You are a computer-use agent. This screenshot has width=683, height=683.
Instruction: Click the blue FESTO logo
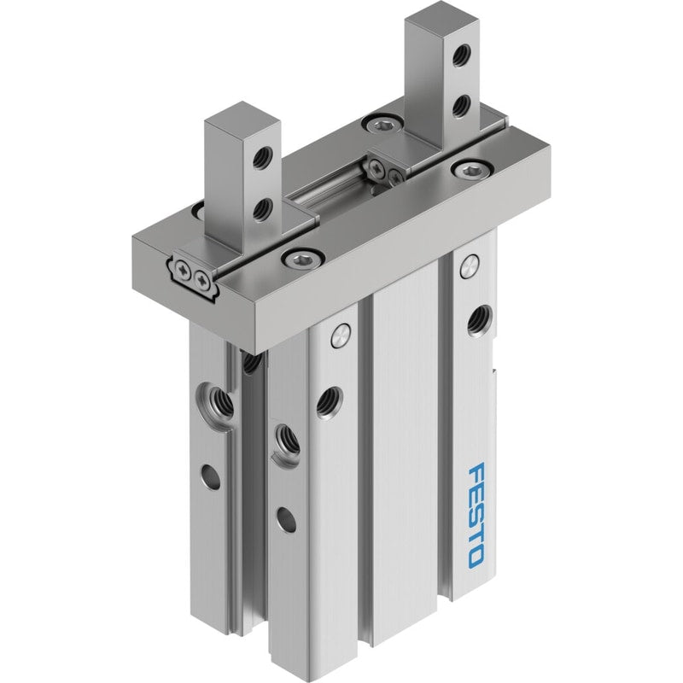[476, 516]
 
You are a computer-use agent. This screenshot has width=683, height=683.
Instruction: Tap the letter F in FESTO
[476, 473]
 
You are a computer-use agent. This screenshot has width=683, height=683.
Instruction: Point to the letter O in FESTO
[476, 557]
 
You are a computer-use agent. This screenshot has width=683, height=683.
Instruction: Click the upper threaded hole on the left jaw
[263, 155]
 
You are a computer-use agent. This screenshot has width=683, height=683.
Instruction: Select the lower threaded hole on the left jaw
[263, 210]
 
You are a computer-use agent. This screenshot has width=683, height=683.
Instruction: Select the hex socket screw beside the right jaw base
[472, 168]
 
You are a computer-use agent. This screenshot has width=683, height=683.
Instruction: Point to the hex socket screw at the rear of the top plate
[382, 125]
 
